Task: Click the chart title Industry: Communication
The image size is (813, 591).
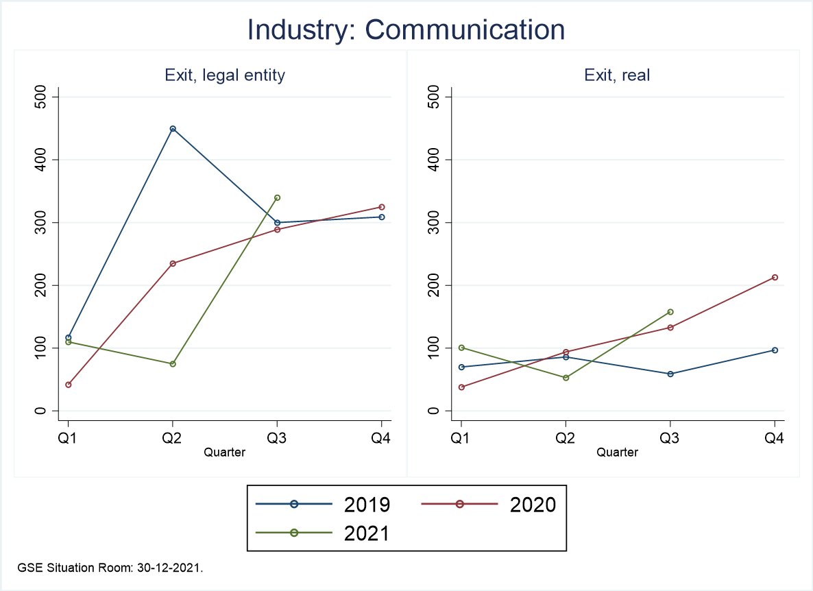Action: (406, 30)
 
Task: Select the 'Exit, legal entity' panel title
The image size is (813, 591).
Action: (225, 75)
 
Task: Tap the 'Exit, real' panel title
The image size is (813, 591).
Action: (617, 75)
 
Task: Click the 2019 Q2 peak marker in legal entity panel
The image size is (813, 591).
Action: (173, 129)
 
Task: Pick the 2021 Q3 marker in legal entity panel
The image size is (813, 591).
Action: (277, 197)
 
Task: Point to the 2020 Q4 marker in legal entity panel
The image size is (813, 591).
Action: (382, 207)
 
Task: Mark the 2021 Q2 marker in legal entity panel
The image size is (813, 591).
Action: (173, 364)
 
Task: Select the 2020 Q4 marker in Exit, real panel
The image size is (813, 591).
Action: (775, 278)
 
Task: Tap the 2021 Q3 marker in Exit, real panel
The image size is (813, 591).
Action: (670, 312)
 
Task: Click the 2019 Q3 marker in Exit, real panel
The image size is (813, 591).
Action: (670, 374)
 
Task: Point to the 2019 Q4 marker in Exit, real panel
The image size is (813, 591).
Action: (775, 350)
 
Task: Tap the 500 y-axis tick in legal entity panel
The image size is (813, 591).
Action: (43, 97)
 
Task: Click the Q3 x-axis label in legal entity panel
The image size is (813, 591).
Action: (277, 439)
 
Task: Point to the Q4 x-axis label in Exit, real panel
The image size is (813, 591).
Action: (775, 439)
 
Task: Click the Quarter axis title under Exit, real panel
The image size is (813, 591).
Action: (617, 453)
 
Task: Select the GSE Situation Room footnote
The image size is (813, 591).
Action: (110, 568)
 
